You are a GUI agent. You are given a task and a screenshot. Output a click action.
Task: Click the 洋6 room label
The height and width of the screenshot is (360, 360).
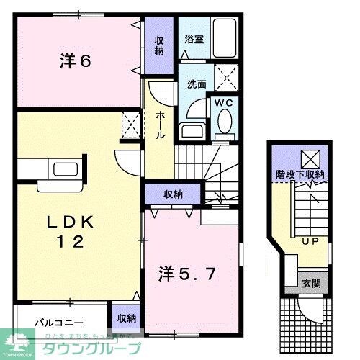[x=74, y=62]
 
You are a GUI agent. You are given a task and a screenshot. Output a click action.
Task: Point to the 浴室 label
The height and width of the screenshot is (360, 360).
[x=194, y=40]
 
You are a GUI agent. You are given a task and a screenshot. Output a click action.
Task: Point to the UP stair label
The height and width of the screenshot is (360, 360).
[x=311, y=240]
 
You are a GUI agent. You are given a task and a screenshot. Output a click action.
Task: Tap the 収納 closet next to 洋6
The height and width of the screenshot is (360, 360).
[x=160, y=45]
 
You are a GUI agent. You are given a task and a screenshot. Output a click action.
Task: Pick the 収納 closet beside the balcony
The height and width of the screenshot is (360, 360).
[x=127, y=318]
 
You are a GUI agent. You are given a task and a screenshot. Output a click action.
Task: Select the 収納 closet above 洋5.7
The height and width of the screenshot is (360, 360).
[x=172, y=194]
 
